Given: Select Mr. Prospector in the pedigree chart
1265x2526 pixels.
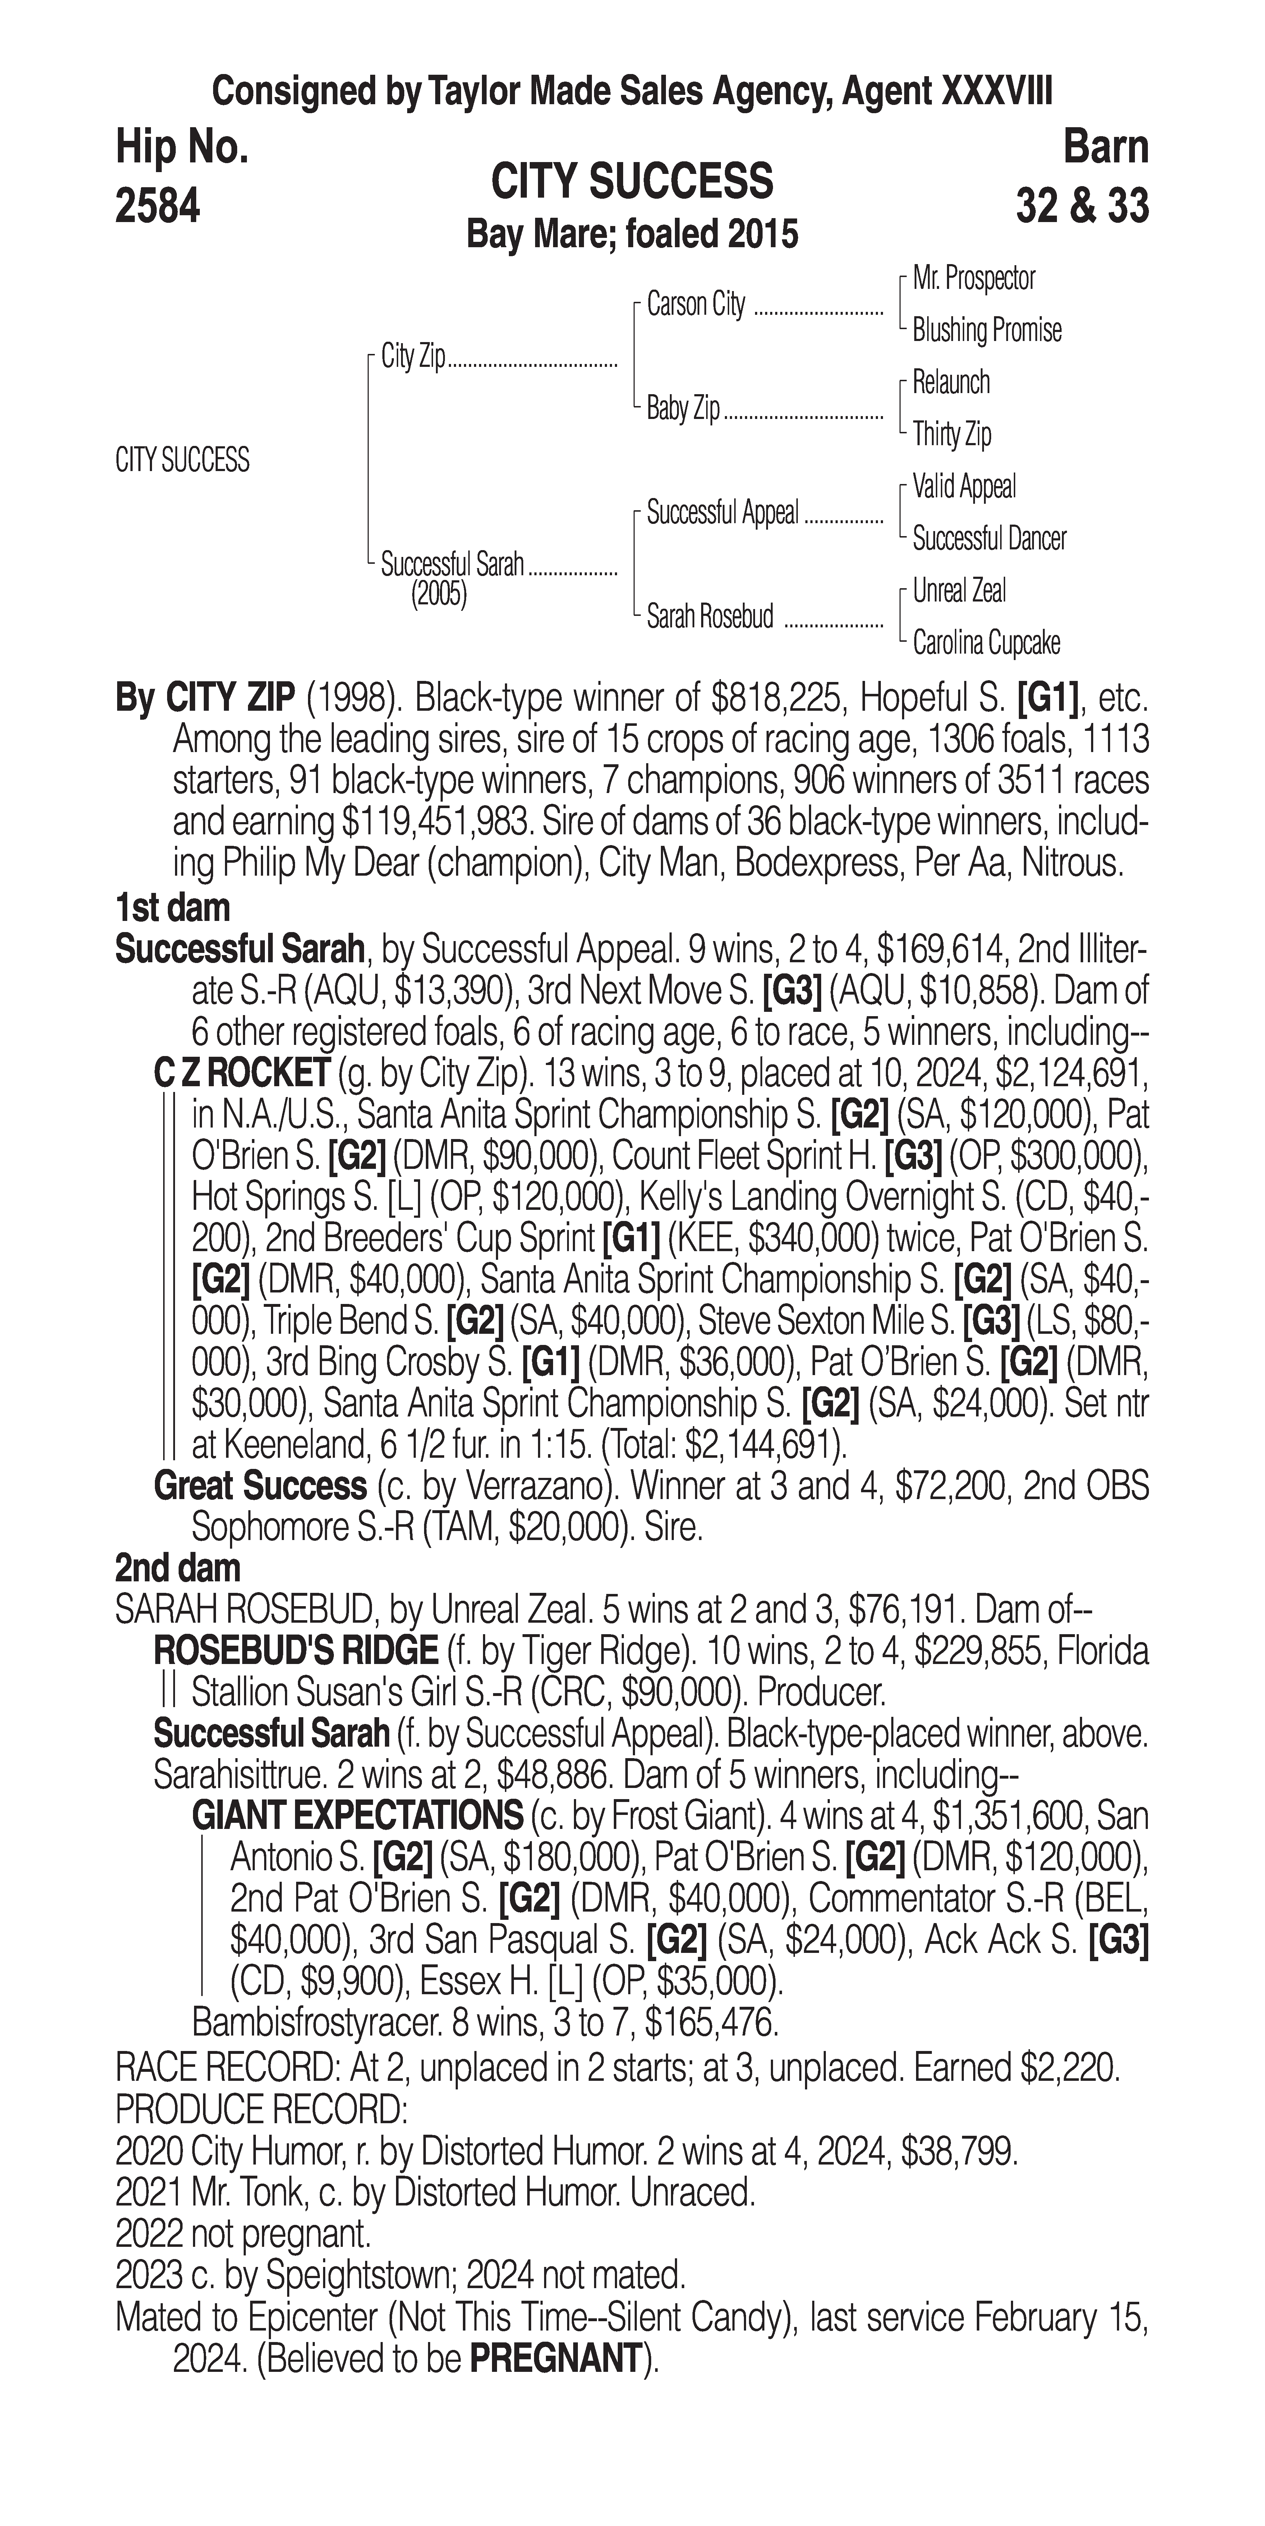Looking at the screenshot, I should (x=974, y=278).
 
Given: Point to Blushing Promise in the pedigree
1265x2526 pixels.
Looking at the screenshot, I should (x=986, y=331).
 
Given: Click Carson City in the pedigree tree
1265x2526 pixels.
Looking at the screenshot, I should (x=696, y=305).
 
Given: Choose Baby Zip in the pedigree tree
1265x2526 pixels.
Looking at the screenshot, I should (x=684, y=408).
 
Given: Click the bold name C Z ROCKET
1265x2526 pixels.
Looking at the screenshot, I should (x=241, y=1074).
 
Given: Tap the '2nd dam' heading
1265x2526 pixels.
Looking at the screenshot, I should (x=178, y=1568).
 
